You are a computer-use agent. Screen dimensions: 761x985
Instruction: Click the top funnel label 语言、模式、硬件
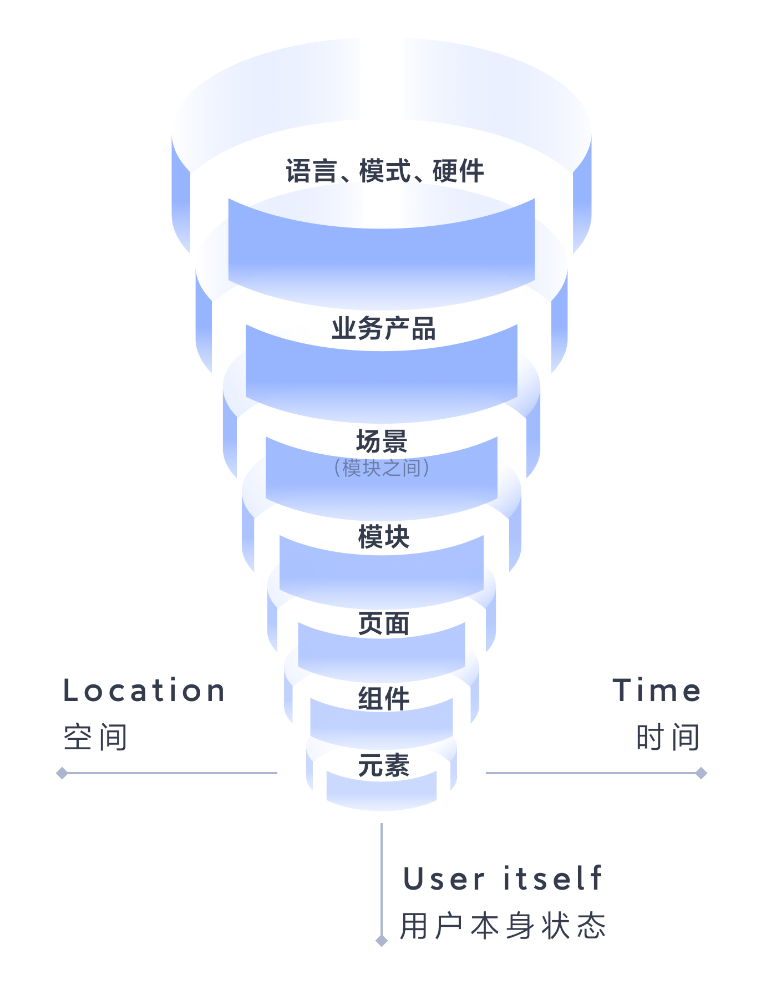385,171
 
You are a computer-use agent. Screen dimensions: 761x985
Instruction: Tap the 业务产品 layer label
384,328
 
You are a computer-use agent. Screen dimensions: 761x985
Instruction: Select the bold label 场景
382,442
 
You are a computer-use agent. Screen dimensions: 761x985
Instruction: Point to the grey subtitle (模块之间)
382,468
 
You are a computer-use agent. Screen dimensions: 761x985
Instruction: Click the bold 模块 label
383,537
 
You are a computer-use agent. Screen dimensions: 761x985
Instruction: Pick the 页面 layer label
383,624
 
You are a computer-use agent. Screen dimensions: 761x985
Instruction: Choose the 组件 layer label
383,698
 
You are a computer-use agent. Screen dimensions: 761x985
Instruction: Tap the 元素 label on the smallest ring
383,766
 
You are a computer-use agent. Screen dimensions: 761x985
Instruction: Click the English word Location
144,691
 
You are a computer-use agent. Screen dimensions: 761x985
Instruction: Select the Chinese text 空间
95,738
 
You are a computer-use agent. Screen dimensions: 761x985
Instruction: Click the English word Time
657,691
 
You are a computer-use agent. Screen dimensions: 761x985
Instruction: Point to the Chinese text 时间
668,738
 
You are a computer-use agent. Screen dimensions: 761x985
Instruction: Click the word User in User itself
444,880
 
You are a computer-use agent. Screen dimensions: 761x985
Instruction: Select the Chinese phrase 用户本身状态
503,926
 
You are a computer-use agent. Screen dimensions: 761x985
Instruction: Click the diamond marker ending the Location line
62,773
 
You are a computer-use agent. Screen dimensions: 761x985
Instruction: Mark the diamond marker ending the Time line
701,773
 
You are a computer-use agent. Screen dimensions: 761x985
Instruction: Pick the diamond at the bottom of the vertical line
382,941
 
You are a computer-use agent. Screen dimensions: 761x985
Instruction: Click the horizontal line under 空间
172,773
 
